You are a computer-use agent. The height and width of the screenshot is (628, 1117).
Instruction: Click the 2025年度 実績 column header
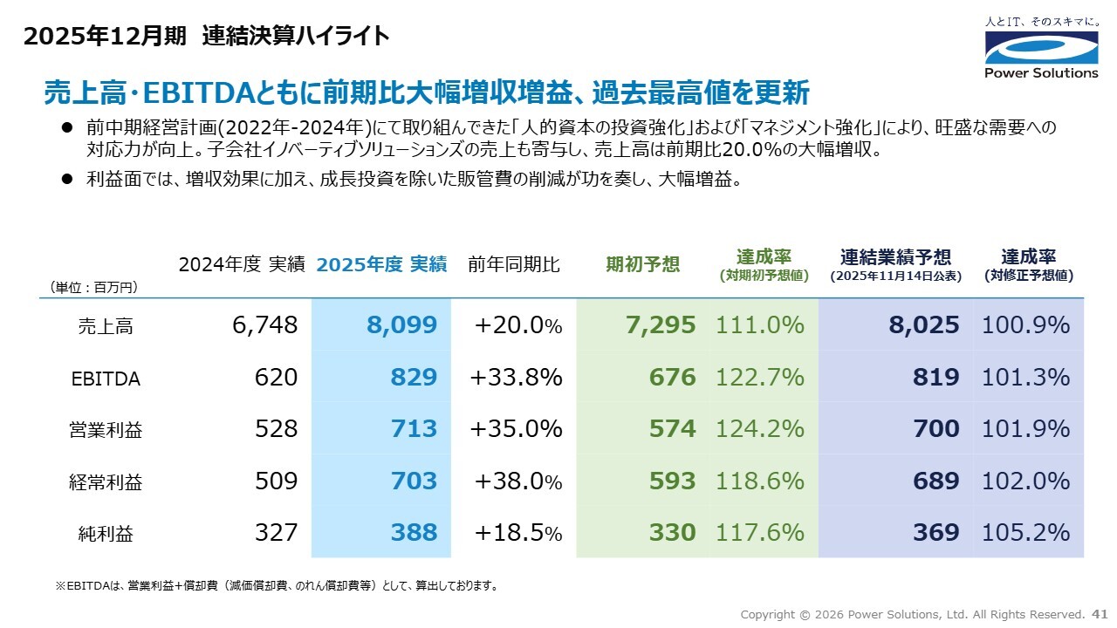pyautogui.click(x=381, y=264)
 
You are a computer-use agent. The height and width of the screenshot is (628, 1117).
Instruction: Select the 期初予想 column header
pyautogui.click(x=642, y=264)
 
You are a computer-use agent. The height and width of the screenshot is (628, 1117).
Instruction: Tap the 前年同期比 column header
pyautogui.click(x=514, y=264)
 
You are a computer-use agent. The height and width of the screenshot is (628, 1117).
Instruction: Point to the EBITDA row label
pyautogui.click(x=106, y=379)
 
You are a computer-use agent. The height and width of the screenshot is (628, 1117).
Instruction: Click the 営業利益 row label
pyautogui.click(x=106, y=430)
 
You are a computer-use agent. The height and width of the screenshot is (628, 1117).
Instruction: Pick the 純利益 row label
pyautogui.click(x=106, y=534)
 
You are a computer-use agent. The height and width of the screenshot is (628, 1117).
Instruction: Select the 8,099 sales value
pyautogui.click(x=401, y=326)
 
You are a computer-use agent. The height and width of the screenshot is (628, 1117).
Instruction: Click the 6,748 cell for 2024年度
pyautogui.click(x=265, y=326)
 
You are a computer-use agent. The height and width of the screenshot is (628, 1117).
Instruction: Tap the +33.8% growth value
pyautogui.click(x=516, y=378)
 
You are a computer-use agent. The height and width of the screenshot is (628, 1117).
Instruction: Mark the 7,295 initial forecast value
pyautogui.click(x=661, y=326)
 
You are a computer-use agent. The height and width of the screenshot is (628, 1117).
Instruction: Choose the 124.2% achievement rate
pyautogui.click(x=759, y=429)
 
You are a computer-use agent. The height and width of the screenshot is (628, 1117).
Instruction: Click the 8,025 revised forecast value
pyautogui.click(x=924, y=326)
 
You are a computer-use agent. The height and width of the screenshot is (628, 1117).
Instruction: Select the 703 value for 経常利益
pyautogui.click(x=414, y=481)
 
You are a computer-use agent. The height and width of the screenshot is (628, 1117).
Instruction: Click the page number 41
pyautogui.click(x=1100, y=614)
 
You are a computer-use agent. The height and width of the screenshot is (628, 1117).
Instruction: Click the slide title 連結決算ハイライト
pyautogui.click(x=295, y=36)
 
